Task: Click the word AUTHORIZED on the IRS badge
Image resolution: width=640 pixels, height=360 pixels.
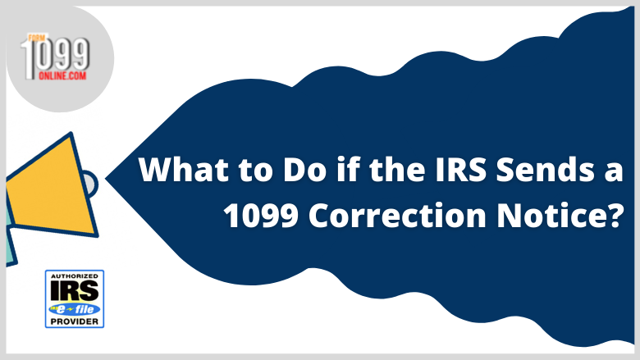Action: pyautogui.click(x=75, y=276)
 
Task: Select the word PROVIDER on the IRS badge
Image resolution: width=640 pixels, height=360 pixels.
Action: pyautogui.click(x=75, y=321)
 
